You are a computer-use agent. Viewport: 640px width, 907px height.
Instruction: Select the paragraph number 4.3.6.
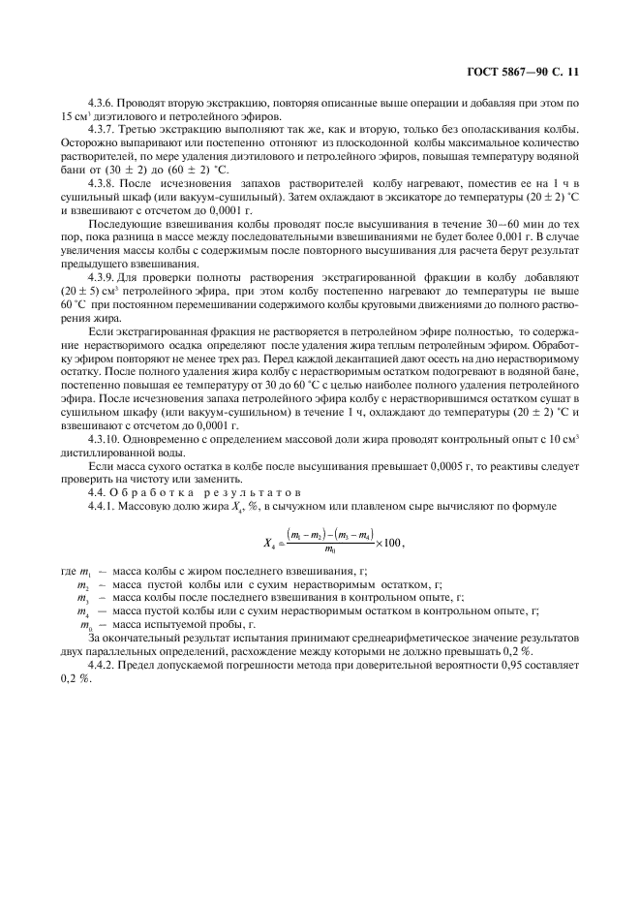[103, 101]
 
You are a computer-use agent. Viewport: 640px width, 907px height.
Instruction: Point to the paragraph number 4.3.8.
[103, 180]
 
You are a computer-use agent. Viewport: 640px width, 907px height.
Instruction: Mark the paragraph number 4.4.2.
[103, 668]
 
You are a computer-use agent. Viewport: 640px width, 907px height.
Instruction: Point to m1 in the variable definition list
[84, 572]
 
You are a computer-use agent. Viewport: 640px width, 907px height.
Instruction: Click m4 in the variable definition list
[84, 612]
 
